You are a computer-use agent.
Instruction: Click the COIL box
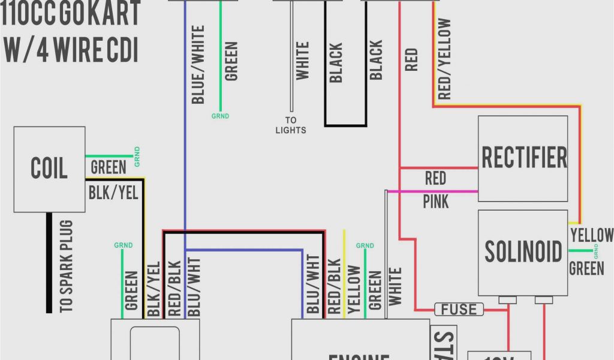(49, 169)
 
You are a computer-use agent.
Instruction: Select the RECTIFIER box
(523, 158)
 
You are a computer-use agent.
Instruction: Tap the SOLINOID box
(523, 252)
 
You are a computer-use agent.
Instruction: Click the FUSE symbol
(459, 310)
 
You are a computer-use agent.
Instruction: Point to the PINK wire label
(436, 201)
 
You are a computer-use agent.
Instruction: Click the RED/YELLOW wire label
(444, 59)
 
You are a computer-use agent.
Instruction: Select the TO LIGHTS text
(291, 125)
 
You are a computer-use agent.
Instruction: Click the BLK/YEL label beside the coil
(113, 193)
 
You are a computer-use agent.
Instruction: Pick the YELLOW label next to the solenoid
(591, 235)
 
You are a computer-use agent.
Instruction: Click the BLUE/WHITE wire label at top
(198, 64)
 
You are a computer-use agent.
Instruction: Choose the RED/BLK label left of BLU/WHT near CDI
(174, 288)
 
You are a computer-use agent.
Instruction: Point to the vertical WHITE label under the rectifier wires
(395, 286)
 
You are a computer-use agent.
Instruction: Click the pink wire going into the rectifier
(432, 191)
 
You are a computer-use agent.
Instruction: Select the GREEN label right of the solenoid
(586, 268)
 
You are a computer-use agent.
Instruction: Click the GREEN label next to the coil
(108, 167)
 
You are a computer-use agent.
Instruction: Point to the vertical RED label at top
(411, 60)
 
